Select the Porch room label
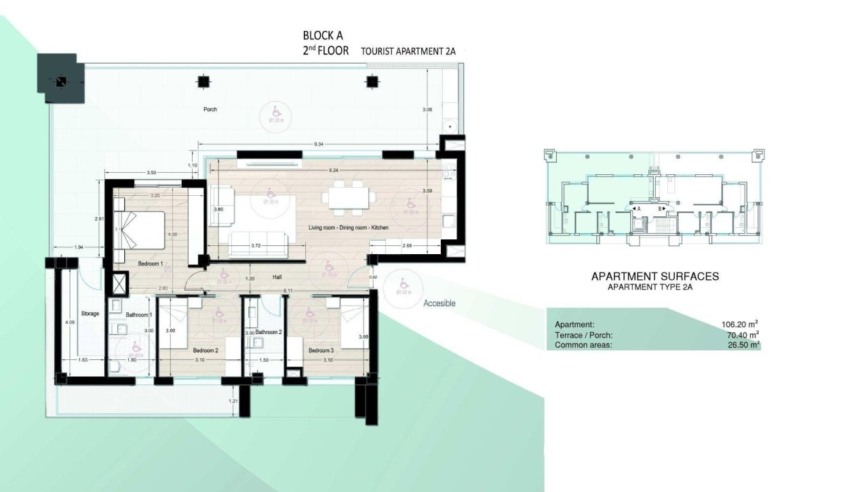pyautogui.click(x=211, y=109)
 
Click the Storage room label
pyautogui.click(x=91, y=314)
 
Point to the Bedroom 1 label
pyautogui.click(x=151, y=263)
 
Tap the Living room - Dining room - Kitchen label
pyautogui.click(x=348, y=228)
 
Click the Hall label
pyautogui.click(x=277, y=277)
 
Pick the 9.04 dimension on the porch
pyautogui.click(x=318, y=144)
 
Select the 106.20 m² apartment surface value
pyautogui.click(x=740, y=325)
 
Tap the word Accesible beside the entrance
pyautogui.click(x=439, y=304)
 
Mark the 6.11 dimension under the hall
pyautogui.click(x=288, y=291)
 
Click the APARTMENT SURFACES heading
pyautogui.click(x=654, y=276)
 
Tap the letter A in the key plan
pyautogui.click(x=638, y=209)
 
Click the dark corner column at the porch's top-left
pyautogui.click(x=62, y=81)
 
